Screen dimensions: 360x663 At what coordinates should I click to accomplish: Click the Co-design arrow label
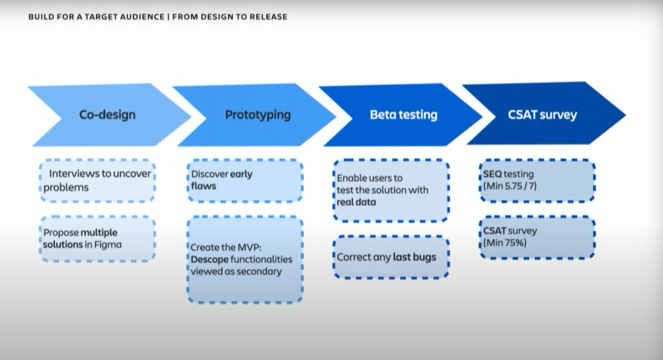[107, 115]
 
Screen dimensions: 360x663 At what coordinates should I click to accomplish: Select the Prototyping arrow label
[258, 115]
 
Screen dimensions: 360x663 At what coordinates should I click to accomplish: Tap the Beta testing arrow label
[403, 115]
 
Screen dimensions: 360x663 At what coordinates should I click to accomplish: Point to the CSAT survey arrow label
[543, 115]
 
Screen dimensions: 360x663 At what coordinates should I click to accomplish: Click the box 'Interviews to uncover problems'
[99, 181]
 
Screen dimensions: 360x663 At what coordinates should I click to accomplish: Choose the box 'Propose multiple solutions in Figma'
[99, 238]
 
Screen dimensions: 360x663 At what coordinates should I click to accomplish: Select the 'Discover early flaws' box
[245, 180]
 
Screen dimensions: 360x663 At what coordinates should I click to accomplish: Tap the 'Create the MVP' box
[245, 259]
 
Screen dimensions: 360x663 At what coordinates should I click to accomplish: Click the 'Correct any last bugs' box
[391, 257]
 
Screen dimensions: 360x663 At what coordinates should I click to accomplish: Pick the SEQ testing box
[538, 180]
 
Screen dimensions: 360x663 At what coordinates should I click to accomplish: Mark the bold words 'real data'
[357, 202]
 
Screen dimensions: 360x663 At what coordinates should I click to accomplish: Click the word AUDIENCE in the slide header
[137, 17]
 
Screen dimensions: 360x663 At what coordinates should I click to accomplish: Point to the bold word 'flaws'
[203, 186]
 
